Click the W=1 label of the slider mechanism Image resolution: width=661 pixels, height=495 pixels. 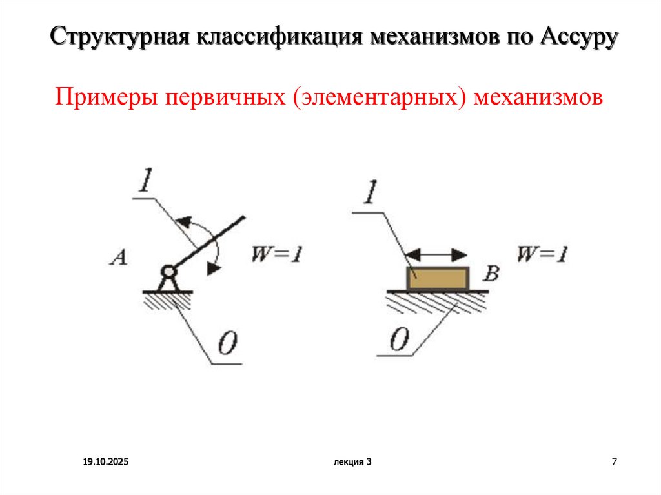542,254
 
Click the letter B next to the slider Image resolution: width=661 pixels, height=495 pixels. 491,275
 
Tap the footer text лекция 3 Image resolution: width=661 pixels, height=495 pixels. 353,462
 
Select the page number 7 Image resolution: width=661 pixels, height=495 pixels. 614,461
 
